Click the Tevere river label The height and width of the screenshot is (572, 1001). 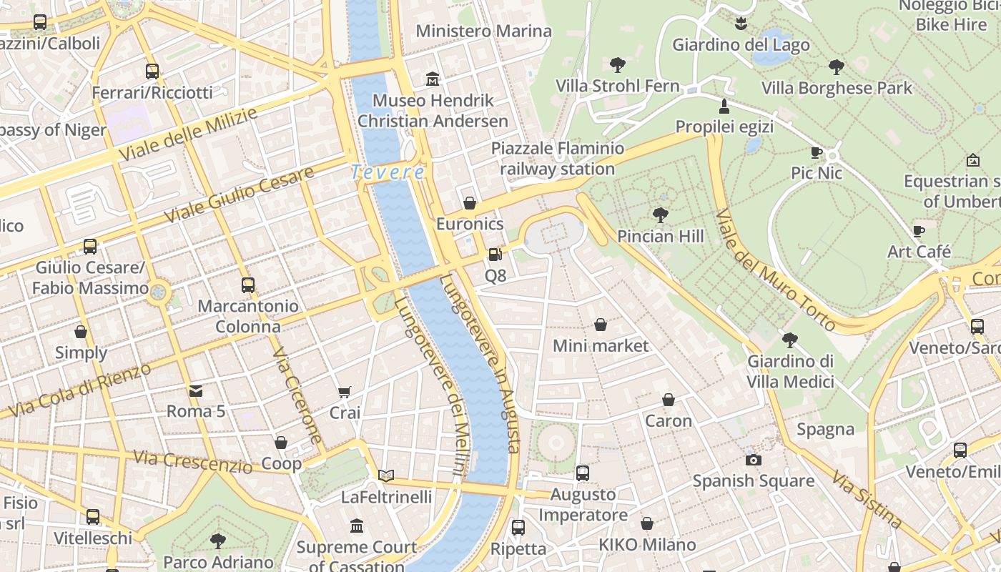tap(388, 172)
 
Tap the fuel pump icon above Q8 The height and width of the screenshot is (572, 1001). tap(495, 254)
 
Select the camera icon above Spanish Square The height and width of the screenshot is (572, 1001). tap(753, 460)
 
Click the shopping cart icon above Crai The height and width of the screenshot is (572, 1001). tap(345, 392)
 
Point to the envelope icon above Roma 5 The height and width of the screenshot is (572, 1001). tap(196, 390)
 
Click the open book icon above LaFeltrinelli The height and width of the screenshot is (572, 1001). tap(386, 475)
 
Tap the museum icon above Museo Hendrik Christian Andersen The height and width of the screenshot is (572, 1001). tap(433, 79)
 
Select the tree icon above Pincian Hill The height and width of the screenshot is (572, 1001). tap(661, 214)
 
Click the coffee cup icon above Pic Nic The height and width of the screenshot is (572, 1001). tap(817, 152)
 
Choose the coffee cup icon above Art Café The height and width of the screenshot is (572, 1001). tap(919, 231)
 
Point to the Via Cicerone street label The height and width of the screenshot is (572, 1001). tap(297, 395)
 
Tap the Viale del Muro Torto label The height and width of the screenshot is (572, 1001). tap(775, 270)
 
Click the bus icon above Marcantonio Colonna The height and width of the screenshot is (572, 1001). tap(248, 285)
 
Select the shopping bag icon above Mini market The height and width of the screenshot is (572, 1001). tap(601, 325)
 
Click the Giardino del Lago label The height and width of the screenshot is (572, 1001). tap(741, 45)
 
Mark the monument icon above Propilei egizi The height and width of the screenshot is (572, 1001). tap(724, 107)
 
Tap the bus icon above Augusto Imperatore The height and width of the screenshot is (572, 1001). tap(583, 473)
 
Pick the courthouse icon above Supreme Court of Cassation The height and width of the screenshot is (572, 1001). tap(357, 527)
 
